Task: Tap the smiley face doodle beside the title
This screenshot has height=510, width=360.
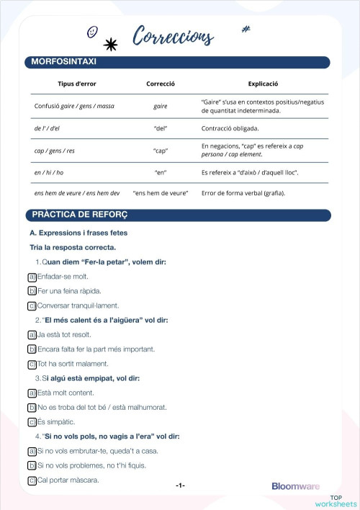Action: (92, 32)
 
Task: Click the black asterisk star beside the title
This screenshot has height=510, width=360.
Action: (111, 45)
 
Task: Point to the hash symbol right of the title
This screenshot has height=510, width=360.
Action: (246, 30)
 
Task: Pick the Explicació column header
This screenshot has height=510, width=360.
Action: (263, 84)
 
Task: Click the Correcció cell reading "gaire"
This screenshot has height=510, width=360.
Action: (161, 107)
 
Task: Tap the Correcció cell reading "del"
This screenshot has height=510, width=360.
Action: (161, 129)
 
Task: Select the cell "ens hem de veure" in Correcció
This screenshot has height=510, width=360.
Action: (161, 193)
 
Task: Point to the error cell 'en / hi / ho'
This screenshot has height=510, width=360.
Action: (49, 173)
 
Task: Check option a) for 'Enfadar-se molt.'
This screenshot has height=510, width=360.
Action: (32, 277)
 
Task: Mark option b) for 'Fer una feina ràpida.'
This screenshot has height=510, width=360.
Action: (32, 291)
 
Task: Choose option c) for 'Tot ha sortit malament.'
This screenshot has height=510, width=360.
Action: (32, 364)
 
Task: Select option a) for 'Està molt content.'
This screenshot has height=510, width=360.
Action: (32, 393)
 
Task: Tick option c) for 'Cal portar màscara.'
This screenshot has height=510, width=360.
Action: (32, 480)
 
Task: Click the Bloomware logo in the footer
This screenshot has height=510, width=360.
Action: (295, 486)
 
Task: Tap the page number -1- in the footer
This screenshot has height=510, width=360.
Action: (180, 486)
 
